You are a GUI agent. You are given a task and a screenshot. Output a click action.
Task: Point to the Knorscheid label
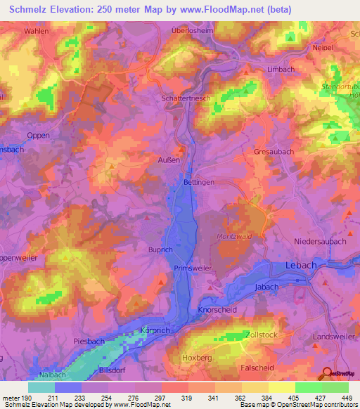[203, 309]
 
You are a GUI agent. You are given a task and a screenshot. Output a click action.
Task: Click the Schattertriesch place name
[186, 99]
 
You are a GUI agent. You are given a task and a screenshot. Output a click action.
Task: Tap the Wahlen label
[37, 32]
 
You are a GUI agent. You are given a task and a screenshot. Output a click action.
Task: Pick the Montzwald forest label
[234, 236]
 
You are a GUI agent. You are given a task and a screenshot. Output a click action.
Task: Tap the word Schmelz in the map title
[33, 8]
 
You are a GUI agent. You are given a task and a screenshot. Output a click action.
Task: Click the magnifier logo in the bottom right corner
[328, 374]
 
